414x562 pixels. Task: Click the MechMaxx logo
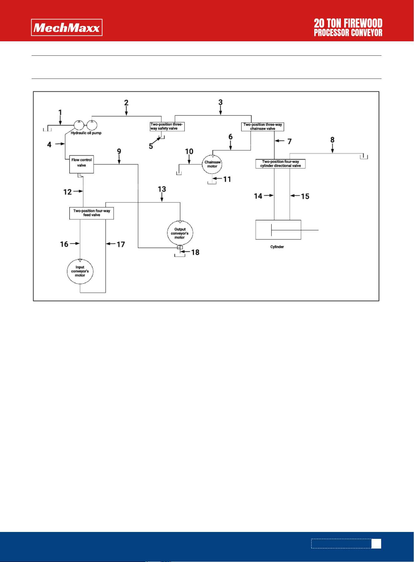point(67,28)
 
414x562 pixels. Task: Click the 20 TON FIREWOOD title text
point(348,23)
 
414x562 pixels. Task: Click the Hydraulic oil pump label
point(86,133)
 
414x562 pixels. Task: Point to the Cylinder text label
point(277,247)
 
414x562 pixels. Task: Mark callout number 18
point(195,252)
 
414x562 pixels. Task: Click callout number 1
point(60,112)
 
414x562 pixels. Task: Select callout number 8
point(332,140)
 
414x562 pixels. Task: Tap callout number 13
point(162,189)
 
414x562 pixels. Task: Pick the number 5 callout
point(151,146)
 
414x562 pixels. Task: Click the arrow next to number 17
point(111,244)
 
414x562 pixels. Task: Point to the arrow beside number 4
point(60,144)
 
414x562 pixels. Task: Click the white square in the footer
point(376,544)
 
